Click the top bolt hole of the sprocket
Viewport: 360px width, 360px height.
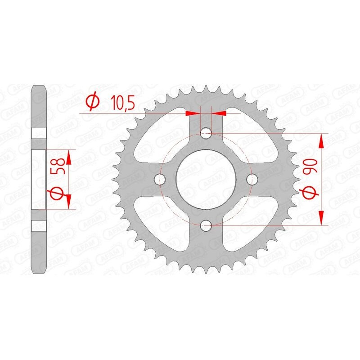206,133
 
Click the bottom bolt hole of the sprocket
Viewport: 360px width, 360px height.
206,225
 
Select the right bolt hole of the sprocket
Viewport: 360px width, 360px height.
252,179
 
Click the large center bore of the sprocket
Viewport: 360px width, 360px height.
206,179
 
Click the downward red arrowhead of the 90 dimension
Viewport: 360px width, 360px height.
321,217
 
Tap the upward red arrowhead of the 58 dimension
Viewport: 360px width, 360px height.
68,157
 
